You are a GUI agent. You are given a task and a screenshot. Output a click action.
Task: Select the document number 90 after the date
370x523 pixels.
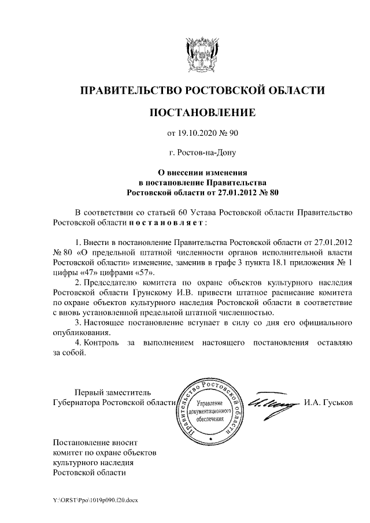233,133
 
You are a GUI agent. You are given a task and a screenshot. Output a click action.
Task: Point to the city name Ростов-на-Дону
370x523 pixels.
202,153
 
